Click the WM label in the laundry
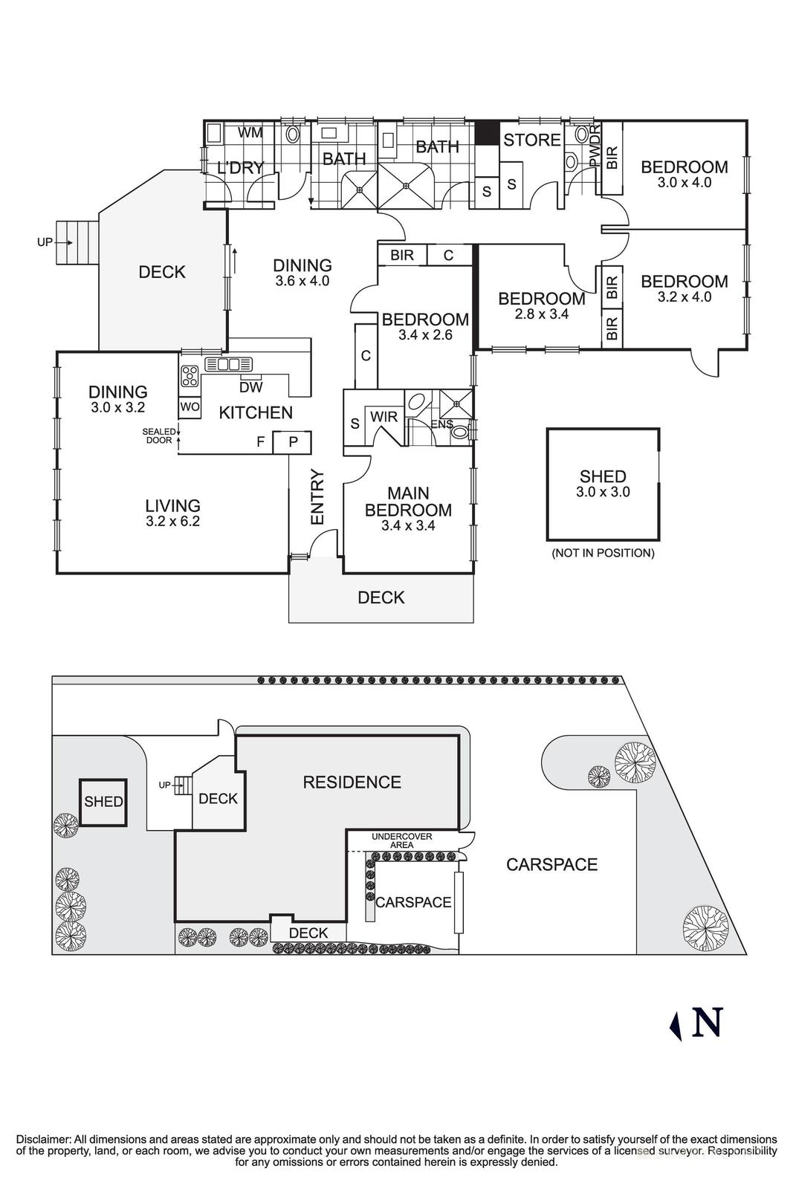tap(250, 133)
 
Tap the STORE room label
tap(532, 140)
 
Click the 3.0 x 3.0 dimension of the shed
tap(603, 492)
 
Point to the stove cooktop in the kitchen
tap(190, 376)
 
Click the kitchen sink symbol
tap(229, 364)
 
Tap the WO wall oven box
tap(189, 407)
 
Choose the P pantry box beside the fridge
tap(293, 442)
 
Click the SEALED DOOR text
tap(160, 436)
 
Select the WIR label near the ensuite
tap(383, 417)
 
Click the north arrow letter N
tap(707, 1023)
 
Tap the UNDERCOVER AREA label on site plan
tap(402, 840)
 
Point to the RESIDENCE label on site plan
tap(352, 782)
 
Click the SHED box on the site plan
tap(103, 802)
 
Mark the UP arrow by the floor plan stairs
tap(51, 242)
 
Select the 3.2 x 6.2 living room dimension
tap(172, 522)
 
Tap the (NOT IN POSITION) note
tap(603, 553)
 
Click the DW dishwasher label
tap(250, 387)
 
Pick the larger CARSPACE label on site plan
tap(551, 864)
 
